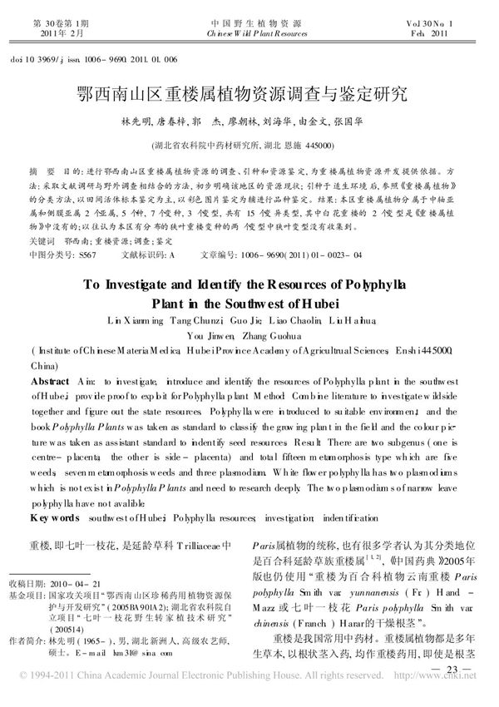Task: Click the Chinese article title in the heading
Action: [x=249, y=92]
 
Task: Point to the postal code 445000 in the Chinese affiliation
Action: [x=319, y=144]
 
